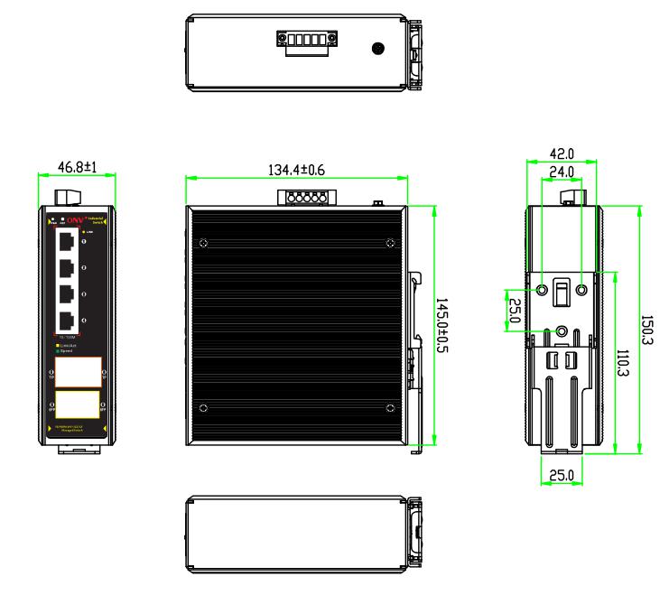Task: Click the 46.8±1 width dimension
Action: pos(76,167)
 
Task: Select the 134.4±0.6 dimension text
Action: pos(297,167)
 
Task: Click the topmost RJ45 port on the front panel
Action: pos(68,241)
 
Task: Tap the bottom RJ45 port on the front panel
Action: pos(68,321)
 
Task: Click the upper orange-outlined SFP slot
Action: pos(78,371)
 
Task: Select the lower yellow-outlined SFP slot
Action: pos(78,404)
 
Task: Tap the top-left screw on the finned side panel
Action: pos(204,241)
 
